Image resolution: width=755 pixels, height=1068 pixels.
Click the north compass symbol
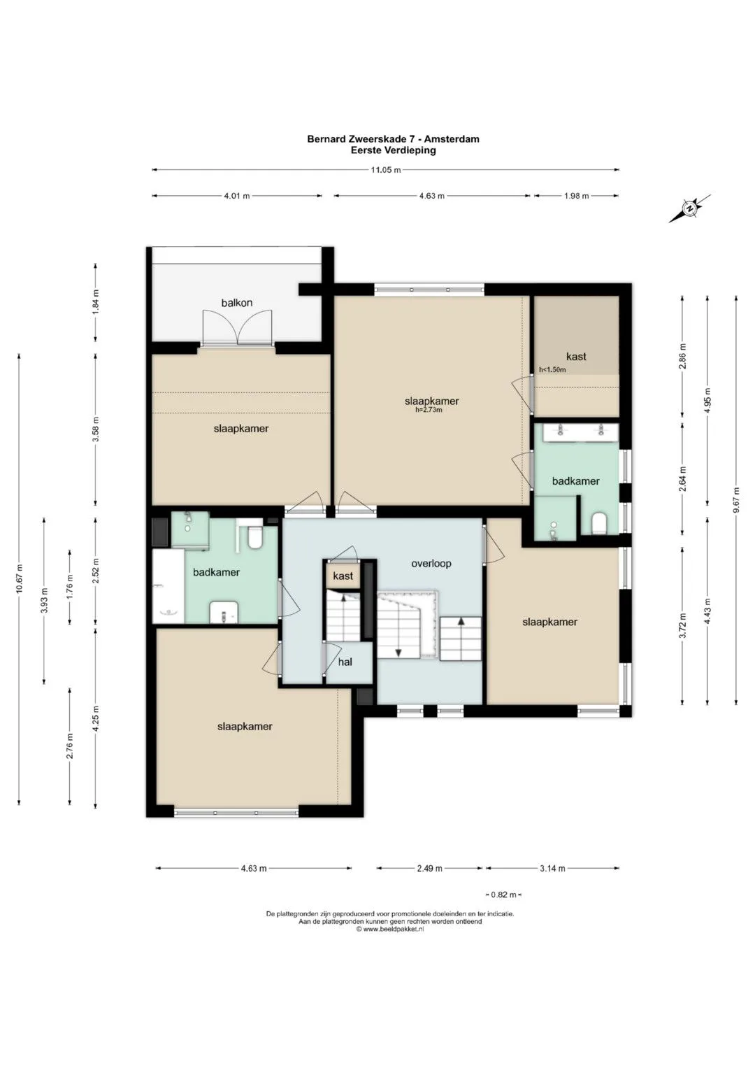pos(689,208)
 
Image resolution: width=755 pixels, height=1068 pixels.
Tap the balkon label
pos(237,303)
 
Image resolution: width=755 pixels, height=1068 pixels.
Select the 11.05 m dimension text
pos(386,170)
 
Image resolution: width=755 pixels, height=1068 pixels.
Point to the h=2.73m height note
pos(429,410)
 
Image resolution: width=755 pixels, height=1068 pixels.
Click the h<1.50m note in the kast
pos(552,369)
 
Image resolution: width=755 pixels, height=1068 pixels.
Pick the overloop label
pos(431,564)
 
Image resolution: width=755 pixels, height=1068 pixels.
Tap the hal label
pos(345,662)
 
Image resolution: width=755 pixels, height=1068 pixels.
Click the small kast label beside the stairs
pos(343,576)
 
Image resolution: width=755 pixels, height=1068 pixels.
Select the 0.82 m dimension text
pos(503,895)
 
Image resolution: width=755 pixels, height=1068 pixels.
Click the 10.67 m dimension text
pos(19,578)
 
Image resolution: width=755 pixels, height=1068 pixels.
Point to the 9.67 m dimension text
pos(736,499)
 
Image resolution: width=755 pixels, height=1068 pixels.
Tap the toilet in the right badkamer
pos(598,524)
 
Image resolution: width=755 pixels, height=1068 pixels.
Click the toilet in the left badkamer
pos(255,537)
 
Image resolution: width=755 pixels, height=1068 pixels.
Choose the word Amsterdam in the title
pos(452,139)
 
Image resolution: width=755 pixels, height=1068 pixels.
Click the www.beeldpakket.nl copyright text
pos(390,930)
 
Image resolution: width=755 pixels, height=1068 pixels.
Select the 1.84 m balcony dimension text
pos(96,302)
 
